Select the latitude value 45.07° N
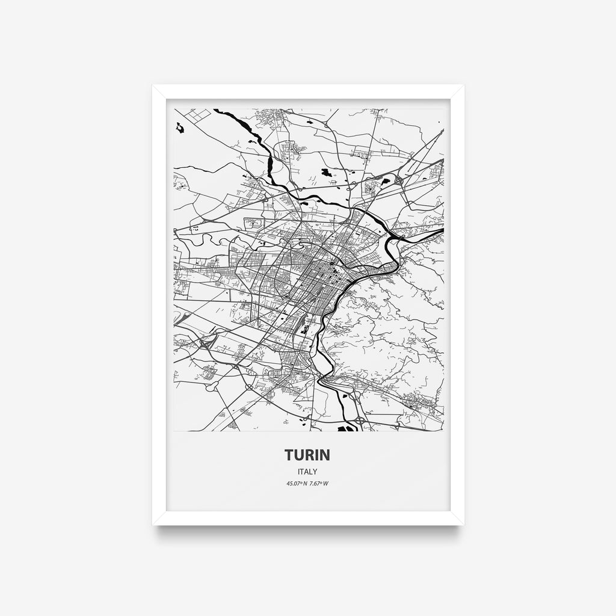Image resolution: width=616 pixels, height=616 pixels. [297, 484]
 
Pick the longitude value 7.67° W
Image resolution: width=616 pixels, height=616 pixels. [319, 484]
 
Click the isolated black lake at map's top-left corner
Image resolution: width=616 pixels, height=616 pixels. [179, 128]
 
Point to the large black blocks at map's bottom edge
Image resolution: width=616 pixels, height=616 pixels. [346, 428]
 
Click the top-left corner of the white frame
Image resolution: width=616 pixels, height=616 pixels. [153, 86]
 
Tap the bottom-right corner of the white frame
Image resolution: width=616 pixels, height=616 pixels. [463, 524]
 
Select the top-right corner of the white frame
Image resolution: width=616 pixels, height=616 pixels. [463, 86]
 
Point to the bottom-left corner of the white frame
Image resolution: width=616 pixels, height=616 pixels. [153, 524]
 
